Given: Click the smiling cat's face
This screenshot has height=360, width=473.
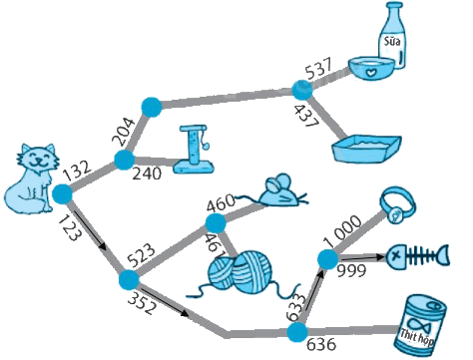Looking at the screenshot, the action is click(38, 159).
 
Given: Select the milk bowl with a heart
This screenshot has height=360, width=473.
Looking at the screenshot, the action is click(371, 68).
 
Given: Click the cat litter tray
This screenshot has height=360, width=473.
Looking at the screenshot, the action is click(366, 149).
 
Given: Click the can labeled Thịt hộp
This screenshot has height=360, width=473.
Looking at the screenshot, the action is click(419, 326).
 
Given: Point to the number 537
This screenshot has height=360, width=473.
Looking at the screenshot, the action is click(318, 69).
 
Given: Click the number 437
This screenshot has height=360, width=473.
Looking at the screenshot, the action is click(306, 117).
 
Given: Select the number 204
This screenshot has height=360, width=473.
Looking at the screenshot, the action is click(123, 132).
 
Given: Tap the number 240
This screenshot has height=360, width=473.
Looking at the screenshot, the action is click(147, 174).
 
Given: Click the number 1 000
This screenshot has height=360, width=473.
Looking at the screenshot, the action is click(342, 230).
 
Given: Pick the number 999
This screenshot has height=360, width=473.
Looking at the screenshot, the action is click(351, 271).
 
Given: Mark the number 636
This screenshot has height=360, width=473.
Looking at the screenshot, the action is click(321, 345).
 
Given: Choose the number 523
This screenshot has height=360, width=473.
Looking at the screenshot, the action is click(142, 256).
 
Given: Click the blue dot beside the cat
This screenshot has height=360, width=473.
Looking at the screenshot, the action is click(62, 194).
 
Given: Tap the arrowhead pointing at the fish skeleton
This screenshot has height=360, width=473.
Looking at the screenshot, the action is click(381, 256).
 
